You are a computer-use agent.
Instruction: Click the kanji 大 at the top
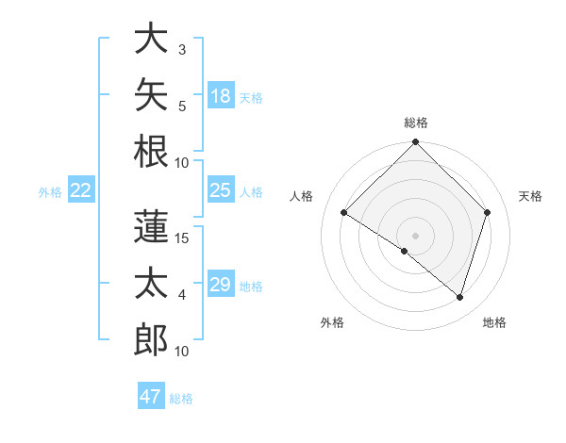(x=151, y=38)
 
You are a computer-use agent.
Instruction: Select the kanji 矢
(x=151, y=94)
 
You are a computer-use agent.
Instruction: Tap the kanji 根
(x=151, y=152)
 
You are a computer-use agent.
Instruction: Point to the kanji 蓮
(x=151, y=226)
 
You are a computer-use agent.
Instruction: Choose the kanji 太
(x=151, y=283)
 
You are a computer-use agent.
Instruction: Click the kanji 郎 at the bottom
(x=151, y=339)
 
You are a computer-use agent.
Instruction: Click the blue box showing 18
(x=221, y=95)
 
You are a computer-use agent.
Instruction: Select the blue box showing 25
(x=221, y=189)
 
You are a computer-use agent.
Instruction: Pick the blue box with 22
(x=81, y=189)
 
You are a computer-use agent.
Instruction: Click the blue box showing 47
(x=151, y=395)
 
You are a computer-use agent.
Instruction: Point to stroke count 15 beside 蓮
(x=181, y=238)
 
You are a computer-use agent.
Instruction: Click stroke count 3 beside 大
(x=182, y=50)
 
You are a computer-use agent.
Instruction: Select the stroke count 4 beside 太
(x=182, y=295)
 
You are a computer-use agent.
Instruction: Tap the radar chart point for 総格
(x=415, y=141)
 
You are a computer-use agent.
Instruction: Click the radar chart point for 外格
(x=405, y=251)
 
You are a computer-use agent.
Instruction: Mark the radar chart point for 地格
(x=459, y=298)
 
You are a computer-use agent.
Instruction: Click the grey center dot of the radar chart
(x=415, y=236)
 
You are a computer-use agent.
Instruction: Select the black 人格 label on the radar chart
(x=301, y=196)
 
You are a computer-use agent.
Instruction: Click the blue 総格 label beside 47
(x=181, y=399)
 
